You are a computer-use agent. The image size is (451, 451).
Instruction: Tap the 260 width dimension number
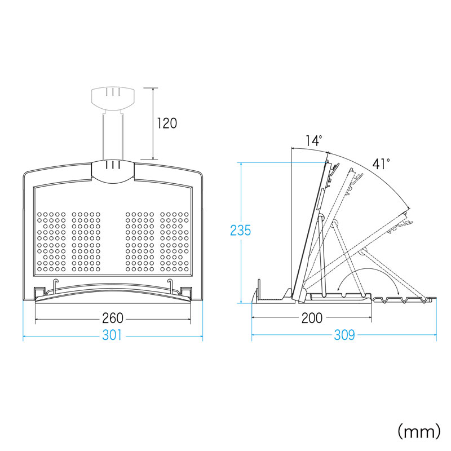tap(113, 318)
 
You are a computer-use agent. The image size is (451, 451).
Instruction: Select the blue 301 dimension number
tap(112, 336)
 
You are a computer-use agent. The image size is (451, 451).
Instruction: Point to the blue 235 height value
tap(240, 231)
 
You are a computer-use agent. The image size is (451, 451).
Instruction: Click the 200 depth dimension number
tap(312, 318)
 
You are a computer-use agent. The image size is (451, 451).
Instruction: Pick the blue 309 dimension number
tap(343, 336)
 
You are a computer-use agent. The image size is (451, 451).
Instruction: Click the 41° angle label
tap(381, 164)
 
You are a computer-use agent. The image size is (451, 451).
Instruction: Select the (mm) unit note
tap(418, 432)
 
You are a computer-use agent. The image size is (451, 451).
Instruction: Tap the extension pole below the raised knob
tap(113, 135)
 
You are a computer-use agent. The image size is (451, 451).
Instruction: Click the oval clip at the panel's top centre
tap(113, 171)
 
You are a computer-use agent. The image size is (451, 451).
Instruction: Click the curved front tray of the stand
tap(113, 297)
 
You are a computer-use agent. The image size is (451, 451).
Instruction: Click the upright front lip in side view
tap(259, 290)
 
